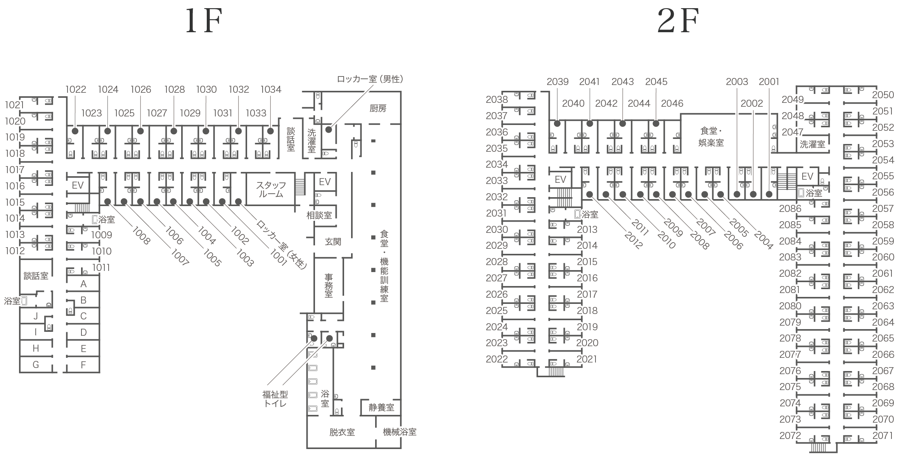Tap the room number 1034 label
point(271,90)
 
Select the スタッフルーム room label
point(271,190)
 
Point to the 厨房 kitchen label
point(378,108)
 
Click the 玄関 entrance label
point(333,242)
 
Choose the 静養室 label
point(381,407)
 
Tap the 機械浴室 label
point(400,432)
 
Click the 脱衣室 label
point(342,432)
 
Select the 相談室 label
point(319,215)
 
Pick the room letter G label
point(36,365)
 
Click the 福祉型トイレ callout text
point(275,399)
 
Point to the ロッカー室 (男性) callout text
point(370,79)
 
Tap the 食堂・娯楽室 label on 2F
point(711,137)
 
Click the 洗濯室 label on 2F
point(812,144)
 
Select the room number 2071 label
point(883,435)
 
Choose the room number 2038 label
point(497,100)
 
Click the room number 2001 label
point(769,82)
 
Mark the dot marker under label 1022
point(75,131)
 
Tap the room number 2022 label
point(497,359)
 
